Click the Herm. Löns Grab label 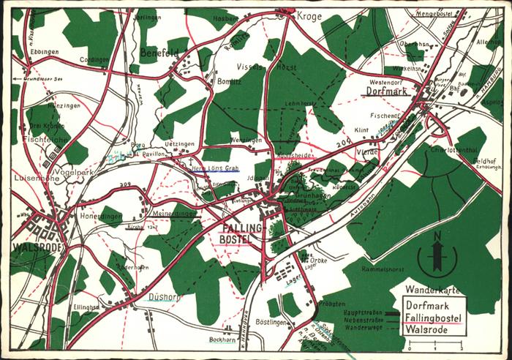pyautogui.click(x=215, y=168)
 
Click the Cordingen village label pyautogui.click(x=94, y=59)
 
